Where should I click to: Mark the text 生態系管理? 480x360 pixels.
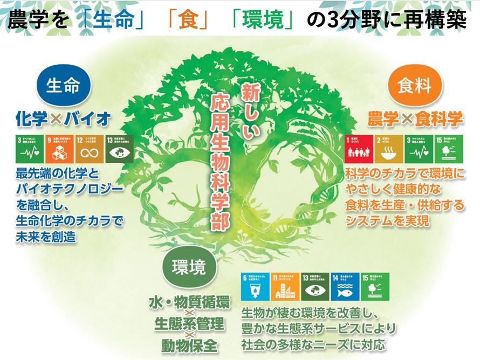click(x=189, y=323)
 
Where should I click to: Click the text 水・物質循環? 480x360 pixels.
click(x=189, y=303)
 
